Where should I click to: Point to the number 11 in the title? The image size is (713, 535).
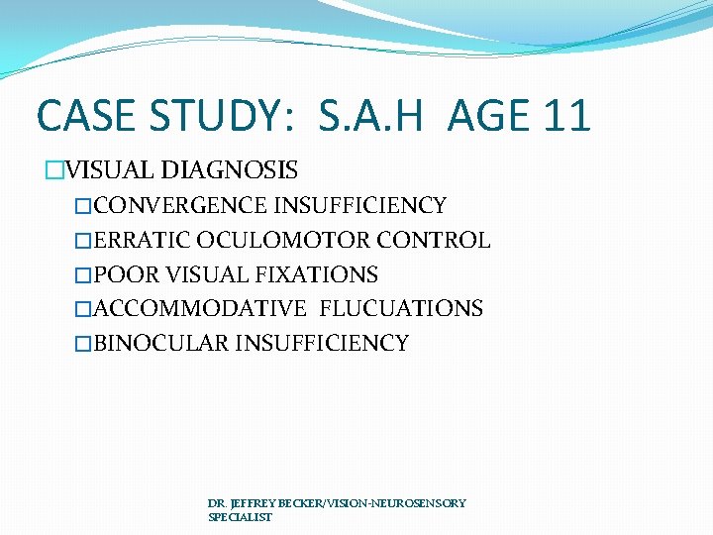(x=564, y=116)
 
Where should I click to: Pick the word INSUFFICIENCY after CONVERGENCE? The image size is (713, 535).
(x=359, y=206)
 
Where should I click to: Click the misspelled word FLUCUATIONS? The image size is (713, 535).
(x=401, y=309)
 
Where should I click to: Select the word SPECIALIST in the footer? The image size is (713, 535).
(x=240, y=517)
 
